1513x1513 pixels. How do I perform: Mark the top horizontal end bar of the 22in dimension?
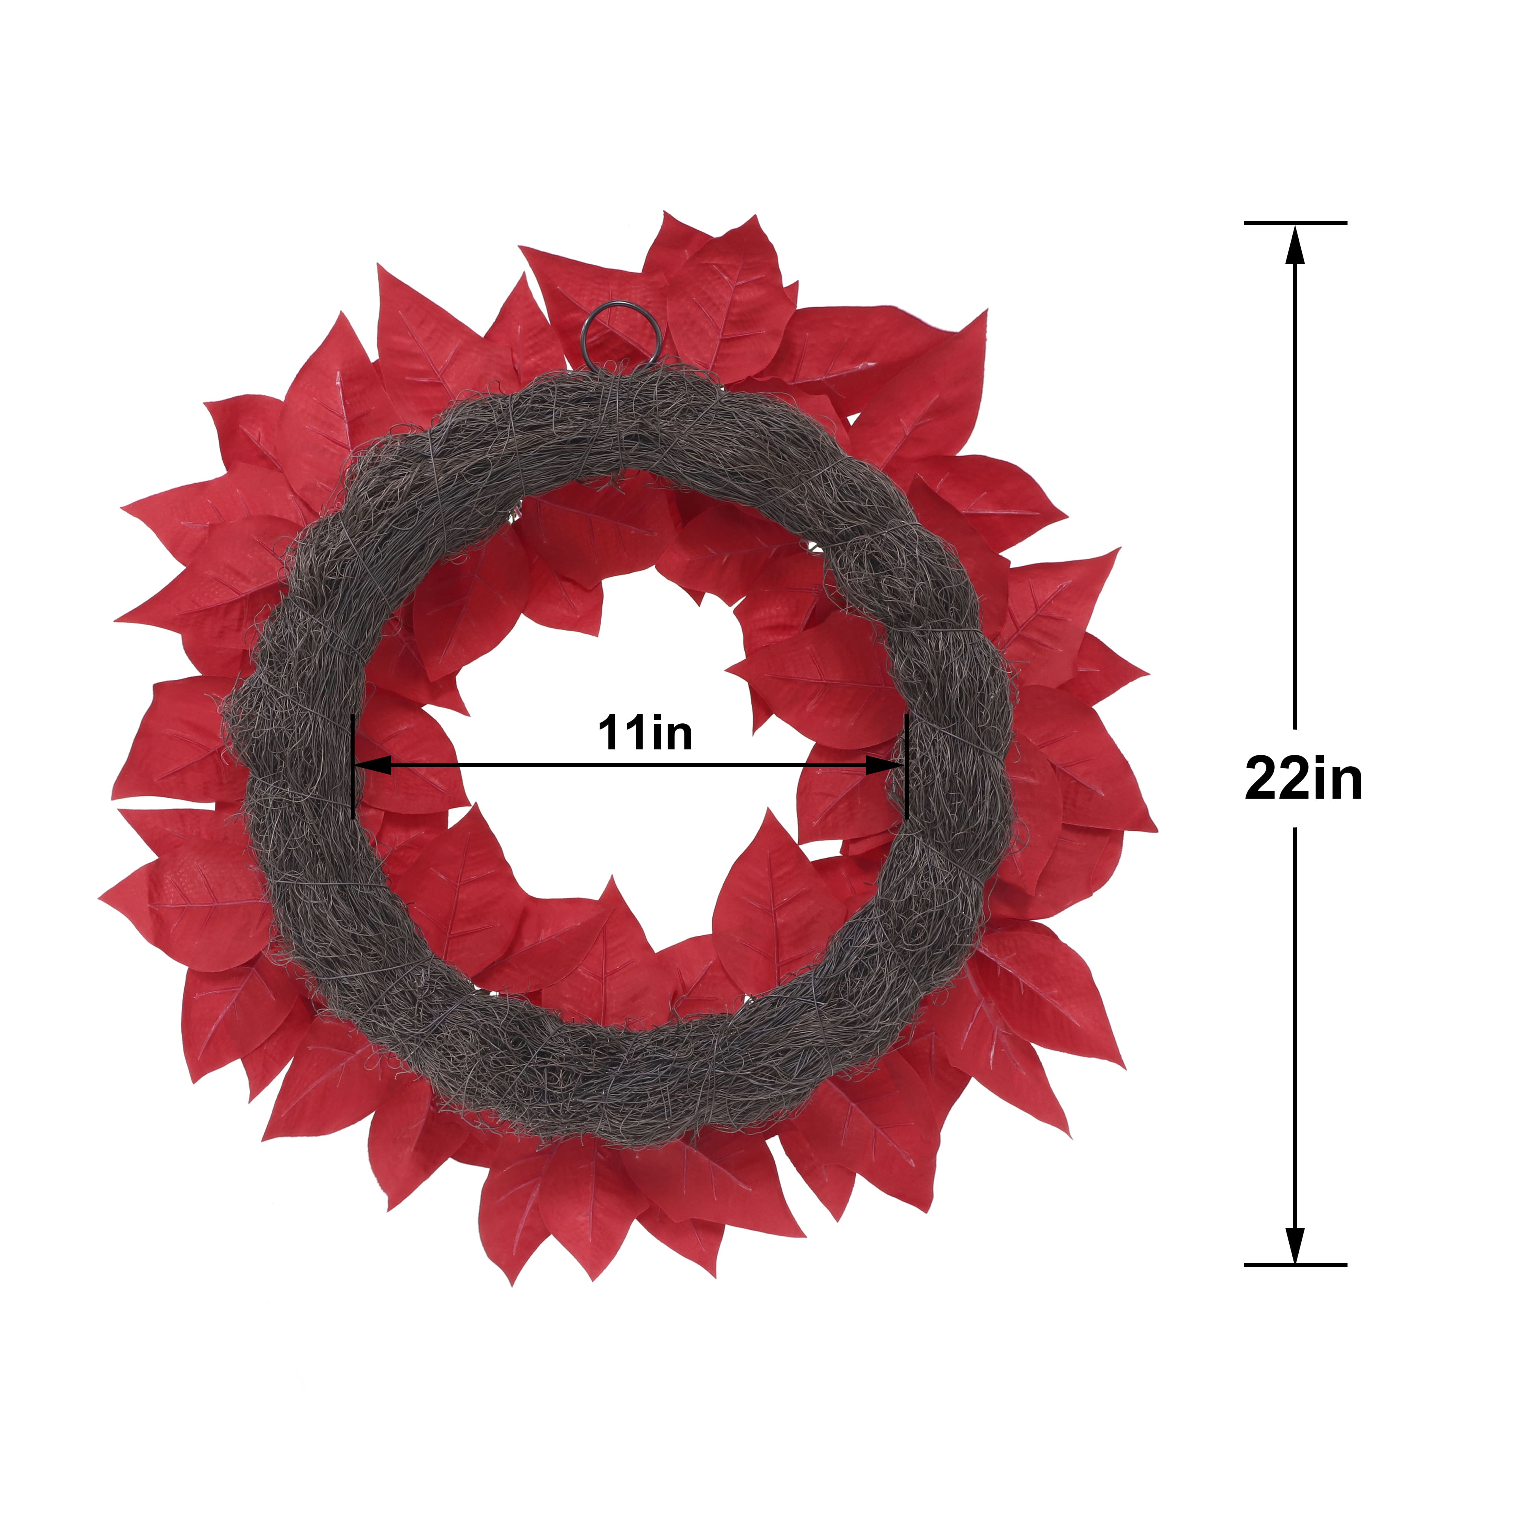1294,223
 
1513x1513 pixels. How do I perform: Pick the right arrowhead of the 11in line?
885,766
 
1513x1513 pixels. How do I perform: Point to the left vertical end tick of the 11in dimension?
354,766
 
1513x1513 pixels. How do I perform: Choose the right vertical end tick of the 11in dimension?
905,766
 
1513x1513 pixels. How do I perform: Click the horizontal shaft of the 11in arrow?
626,766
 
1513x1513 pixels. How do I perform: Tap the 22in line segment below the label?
1294,1034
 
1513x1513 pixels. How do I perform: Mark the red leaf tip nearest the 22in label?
1156,830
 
